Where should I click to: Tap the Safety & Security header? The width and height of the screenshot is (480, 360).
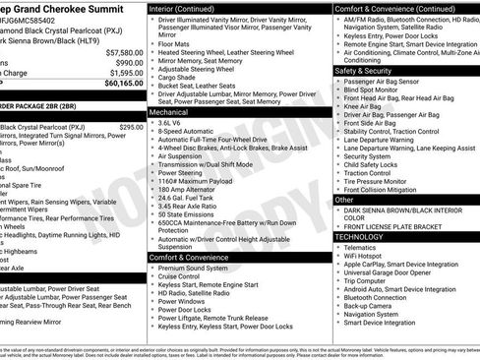(370, 71)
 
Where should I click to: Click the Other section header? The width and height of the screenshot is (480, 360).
(345, 200)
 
